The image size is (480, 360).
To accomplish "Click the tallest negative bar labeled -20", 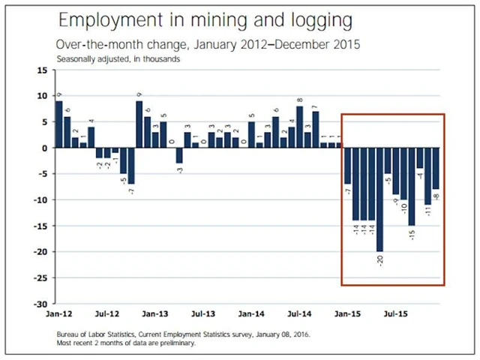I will [380, 199].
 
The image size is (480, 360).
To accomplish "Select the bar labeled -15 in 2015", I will [412, 187].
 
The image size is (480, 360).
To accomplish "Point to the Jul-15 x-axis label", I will [396, 314].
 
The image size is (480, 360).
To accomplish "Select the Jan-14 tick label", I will [251, 314].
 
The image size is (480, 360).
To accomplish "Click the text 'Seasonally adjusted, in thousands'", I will [118, 58].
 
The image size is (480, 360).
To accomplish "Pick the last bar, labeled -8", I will [436, 169].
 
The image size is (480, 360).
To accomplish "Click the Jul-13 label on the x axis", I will [203, 314].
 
